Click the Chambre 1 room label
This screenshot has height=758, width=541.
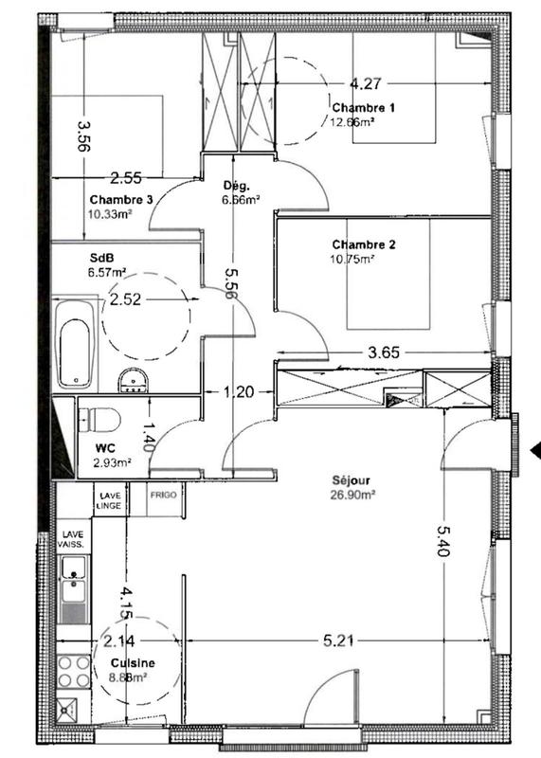pyautogui.click(x=363, y=107)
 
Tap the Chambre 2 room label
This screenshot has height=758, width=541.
pyautogui.click(x=363, y=244)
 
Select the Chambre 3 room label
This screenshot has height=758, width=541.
pyautogui.click(x=121, y=200)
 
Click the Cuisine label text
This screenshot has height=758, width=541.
pyautogui.click(x=132, y=663)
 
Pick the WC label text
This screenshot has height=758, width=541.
pyautogui.click(x=104, y=447)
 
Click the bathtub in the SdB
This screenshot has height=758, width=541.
pyautogui.click(x=75, y=345)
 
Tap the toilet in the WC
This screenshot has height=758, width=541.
pyautogui.click(x=98, y=418)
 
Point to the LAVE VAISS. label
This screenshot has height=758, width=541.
pyautogui.click(x=73, y=540)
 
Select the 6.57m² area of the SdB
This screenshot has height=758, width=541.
pyautogui.click(x=107, y=272)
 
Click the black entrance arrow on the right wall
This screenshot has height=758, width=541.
pyautogui.click(x=534, y=451)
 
